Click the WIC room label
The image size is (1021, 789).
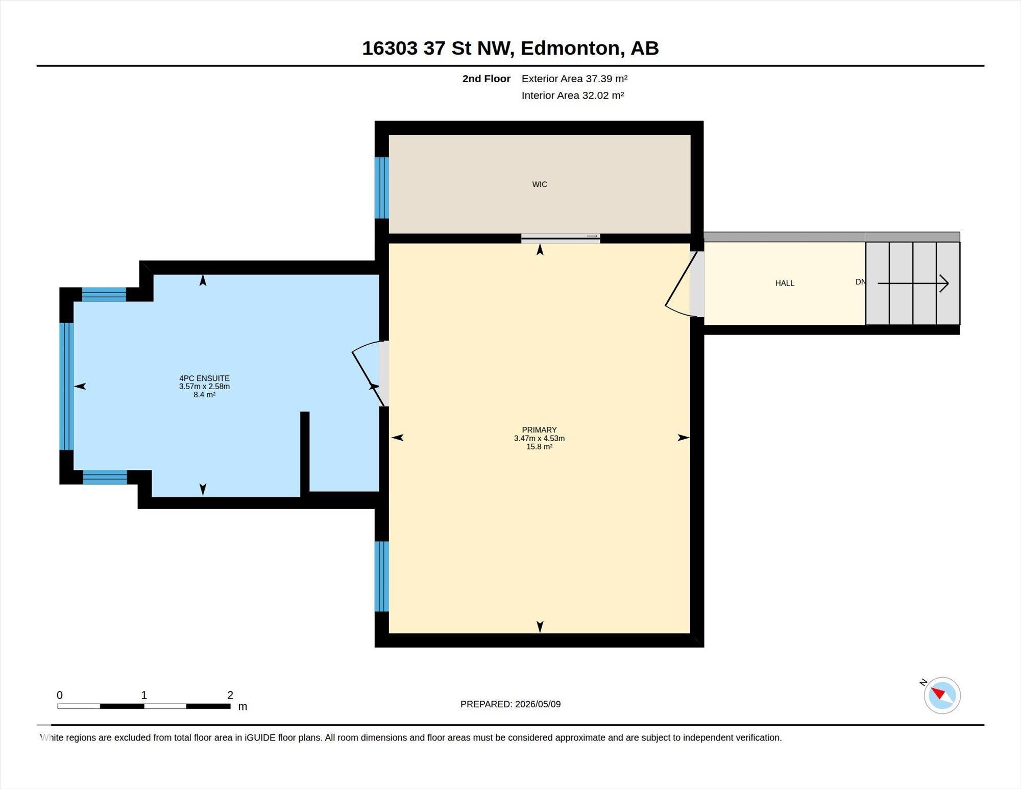click(x=540, y=184)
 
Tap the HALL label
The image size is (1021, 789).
click(x=785, y=283)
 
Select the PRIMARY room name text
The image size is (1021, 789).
click(x=539, y=430)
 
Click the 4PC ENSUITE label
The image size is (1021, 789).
click(x=204, y=378)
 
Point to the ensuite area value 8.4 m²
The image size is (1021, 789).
click(x=204, y=395)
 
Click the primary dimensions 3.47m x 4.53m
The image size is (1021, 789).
click(x=539, y=438)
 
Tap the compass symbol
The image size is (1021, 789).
click(x=942, y=695)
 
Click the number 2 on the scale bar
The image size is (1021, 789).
click(x=230, y=695)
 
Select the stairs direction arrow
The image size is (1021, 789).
click(x=913, y=283)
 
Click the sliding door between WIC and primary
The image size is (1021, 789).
click(x=561, y=238)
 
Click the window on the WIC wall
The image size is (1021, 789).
click(x=382, y=188)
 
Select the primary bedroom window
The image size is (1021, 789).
click(x=382, y=577)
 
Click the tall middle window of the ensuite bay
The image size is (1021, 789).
click(x=67, y=386)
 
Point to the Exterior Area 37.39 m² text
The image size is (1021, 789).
click(x=574, y=79)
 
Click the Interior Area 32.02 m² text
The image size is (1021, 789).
click(x=573, y=95)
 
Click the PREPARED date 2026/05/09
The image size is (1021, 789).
click(x=538, y=704)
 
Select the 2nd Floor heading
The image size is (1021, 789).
click(x=486, y=79)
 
